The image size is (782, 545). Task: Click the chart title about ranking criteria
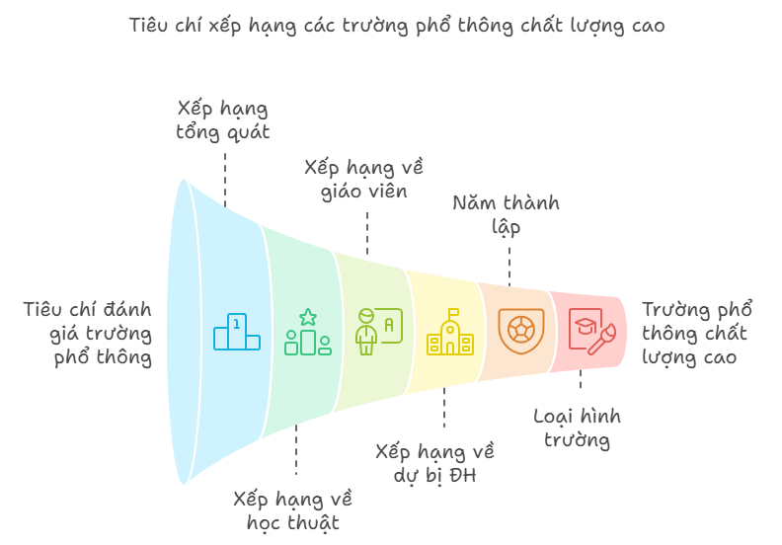[x=397, y=26]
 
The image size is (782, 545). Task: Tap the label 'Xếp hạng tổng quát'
[x=223, y=120]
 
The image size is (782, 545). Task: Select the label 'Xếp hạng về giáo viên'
[x=364, y=179]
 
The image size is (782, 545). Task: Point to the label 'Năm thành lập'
[x=506, y=214]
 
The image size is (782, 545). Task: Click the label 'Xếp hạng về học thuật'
[x=292, y=510]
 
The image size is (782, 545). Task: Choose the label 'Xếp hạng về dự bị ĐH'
[x=434, y=463]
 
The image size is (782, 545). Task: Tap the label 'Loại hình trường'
[x=577, y=428]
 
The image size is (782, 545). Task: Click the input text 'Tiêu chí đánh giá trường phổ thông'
[x=88, y=333]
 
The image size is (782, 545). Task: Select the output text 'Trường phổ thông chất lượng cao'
[x=697, y=333]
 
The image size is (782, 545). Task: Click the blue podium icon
[x=237, y=332]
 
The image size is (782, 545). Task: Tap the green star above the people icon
[x=308, y=317]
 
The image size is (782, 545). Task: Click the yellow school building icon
[x=450, y=332]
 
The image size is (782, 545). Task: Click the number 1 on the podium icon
[x=237, y=324]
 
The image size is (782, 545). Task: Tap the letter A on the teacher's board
[x=389, y=325]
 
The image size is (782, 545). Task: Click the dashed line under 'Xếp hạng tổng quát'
[x=225, y=180]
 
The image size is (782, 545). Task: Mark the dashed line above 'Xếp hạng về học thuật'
[x=296, y=450]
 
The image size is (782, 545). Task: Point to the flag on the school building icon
[x=454, y=313]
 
